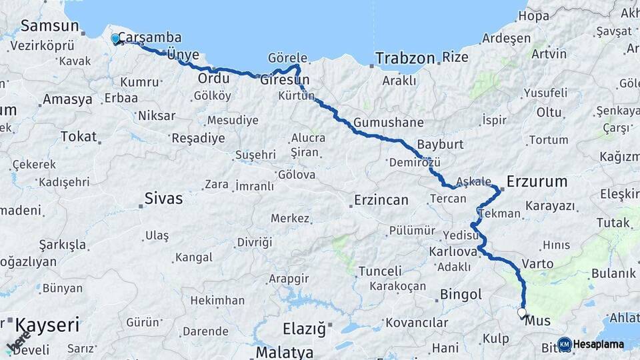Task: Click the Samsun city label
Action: tap(49, 26)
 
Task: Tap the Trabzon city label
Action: tap(405, 58)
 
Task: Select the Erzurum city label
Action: tap(537, 181)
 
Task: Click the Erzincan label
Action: tap(381, 199)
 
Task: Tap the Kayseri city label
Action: tap(47, 326)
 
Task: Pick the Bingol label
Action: tap(461, 294)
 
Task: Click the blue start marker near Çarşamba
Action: tap(115, 39)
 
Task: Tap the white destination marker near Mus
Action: tap(521, 312)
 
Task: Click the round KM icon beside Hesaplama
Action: tap(565, 344)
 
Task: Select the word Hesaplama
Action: tap(599, 344)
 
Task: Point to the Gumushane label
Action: tap(388, 123)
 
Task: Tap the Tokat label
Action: tap(79, 136)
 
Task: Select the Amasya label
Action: tap(67, 99)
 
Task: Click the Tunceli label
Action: tap(380, 271)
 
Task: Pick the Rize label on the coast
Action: tap(455, 57)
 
